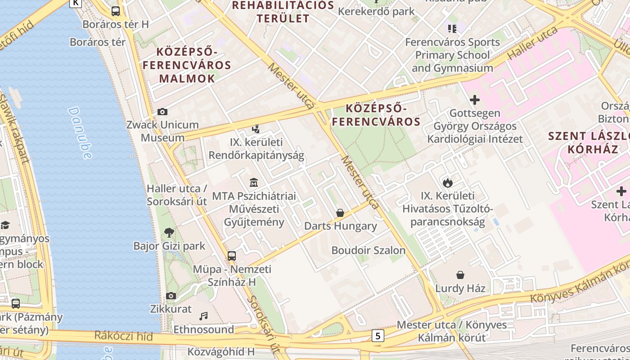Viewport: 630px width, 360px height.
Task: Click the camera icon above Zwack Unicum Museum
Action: point(162,112)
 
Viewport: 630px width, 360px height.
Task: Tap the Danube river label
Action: point(80,133)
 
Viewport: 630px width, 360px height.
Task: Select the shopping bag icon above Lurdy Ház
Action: point(460,274)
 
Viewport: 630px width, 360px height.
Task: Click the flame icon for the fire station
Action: point(447,183)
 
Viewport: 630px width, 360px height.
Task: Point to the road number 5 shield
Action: point(378,335)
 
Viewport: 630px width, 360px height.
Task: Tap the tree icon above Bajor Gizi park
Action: point(169,233)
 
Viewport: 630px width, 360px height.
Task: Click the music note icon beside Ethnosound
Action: point(203,316)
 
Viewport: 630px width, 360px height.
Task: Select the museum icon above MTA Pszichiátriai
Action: point(254,183)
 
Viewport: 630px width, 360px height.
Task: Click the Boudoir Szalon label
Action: point(368,250)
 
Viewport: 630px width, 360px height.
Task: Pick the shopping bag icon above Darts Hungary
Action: point(340,212)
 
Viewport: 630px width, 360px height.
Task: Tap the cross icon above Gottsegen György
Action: point(474,100)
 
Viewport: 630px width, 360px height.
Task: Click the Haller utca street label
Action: point(533,43)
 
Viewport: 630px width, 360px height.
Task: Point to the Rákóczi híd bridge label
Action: point(123,336)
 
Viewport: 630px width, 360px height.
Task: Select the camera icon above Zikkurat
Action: point(171,296)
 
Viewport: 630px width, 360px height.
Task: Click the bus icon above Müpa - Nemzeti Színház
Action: point(232,256)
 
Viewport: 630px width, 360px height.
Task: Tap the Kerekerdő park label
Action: point(376,11)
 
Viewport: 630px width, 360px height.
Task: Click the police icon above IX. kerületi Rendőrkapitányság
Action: point(256,129)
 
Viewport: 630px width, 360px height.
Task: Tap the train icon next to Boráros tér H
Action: point(116,11)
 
